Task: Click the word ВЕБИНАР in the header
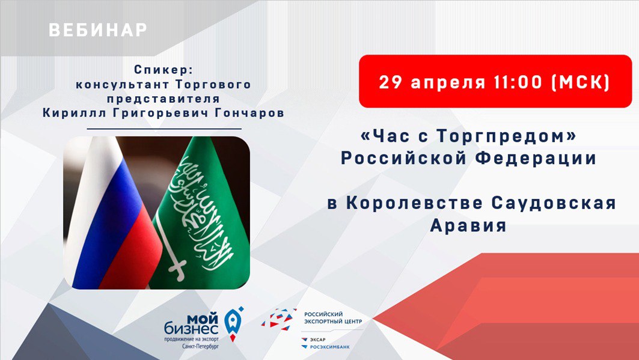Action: coord(98,29)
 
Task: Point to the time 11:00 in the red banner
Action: coord(518,82)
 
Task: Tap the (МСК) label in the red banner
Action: coord(580,82)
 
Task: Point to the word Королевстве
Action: coord(414,203)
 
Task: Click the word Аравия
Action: coord(468,225)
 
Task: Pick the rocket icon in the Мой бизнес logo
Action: coord(233,324)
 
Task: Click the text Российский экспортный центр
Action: coord(333,318)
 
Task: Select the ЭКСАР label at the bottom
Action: coord(317,340)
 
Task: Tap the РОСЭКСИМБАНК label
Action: coord(329,347)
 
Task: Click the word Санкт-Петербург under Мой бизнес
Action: coord(201,346)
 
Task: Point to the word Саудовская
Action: coord(554,203)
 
